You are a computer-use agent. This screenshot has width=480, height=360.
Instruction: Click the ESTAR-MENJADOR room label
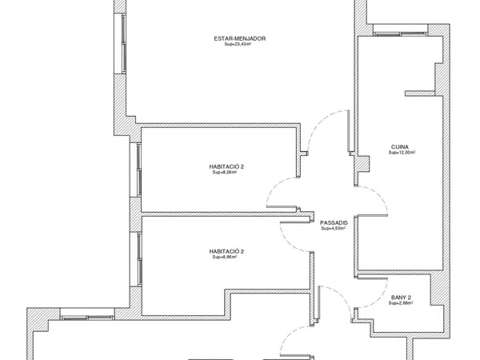[240, 38]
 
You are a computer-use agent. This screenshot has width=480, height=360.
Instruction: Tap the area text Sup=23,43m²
[238, 44]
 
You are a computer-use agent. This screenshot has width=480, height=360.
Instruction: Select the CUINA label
[400, 147]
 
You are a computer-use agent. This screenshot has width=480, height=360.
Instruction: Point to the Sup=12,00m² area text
[402, 153]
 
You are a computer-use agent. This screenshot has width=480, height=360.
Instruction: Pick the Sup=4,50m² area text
[334, 228]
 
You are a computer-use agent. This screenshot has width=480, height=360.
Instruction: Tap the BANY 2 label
[401, 298]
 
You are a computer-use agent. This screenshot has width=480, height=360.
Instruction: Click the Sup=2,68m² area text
[401, 303]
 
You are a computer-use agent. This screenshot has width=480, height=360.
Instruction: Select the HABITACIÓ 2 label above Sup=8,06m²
[226, 167]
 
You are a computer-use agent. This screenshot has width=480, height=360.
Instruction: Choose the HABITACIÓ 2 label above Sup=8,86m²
[226, 252]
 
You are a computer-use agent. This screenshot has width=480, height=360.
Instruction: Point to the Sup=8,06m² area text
[225, 172]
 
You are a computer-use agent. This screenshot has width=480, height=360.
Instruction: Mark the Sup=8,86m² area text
[225, 257]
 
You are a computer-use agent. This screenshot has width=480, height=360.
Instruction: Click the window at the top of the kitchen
[401, 30]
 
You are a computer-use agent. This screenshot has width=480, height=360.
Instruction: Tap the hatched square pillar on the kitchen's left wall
[362, 164]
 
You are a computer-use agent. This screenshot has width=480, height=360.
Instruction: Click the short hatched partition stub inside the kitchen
[420, 94]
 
